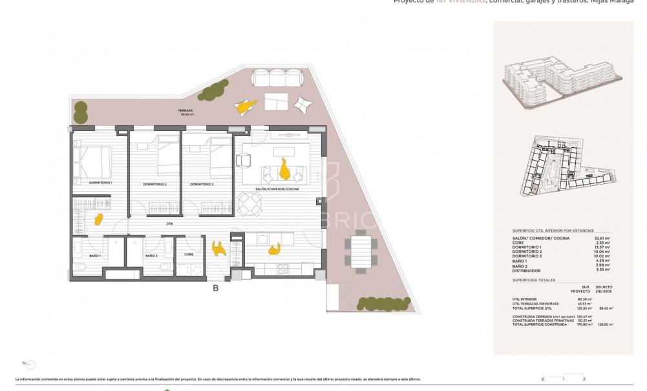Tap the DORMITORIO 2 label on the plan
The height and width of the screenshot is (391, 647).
[155, 185]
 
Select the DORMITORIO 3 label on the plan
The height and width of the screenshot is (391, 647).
[202, 185]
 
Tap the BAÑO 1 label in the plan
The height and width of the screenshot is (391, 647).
[86, 256]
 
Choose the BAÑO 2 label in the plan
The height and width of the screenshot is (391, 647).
[151, 256]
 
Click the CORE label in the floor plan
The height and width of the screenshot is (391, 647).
[189, 254]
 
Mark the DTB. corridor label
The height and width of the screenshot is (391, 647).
[169, 224]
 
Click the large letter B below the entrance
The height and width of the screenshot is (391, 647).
[215, 288]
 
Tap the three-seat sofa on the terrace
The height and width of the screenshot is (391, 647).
[278, 77]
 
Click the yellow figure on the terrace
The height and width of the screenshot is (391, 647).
[244, 108]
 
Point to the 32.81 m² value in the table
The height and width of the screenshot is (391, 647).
[602, 238]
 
